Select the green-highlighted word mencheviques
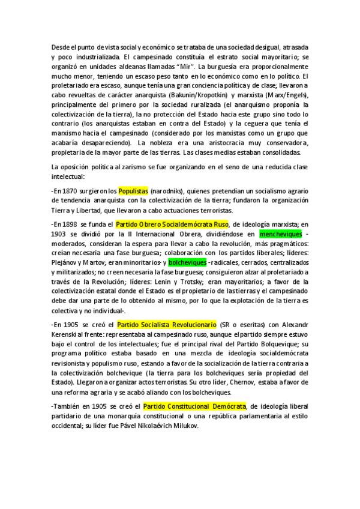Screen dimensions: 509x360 pos(282,233)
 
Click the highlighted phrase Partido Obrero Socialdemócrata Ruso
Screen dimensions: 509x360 pos(173,223)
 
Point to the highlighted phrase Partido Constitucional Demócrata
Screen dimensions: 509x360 pos(195,405)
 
